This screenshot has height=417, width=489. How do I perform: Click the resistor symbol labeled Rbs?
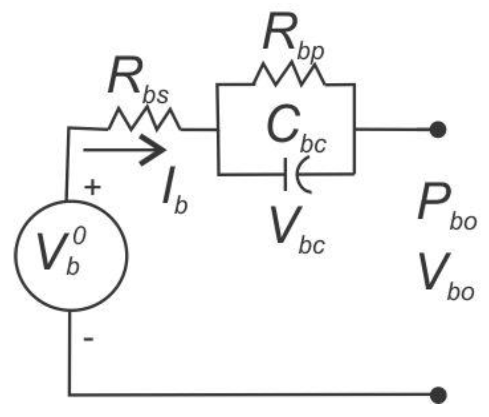point(144,120)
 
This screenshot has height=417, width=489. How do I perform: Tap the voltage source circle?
point(71,256)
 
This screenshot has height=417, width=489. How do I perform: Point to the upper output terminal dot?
point(438,129)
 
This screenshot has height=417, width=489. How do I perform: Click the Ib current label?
point(175,198)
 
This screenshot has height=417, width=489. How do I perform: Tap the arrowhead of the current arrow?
point(157,150)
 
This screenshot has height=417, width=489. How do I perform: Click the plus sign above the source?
point(92,187)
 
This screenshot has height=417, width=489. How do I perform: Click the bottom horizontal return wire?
point(249,395)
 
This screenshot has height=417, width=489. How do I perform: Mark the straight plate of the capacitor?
point(285,174)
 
